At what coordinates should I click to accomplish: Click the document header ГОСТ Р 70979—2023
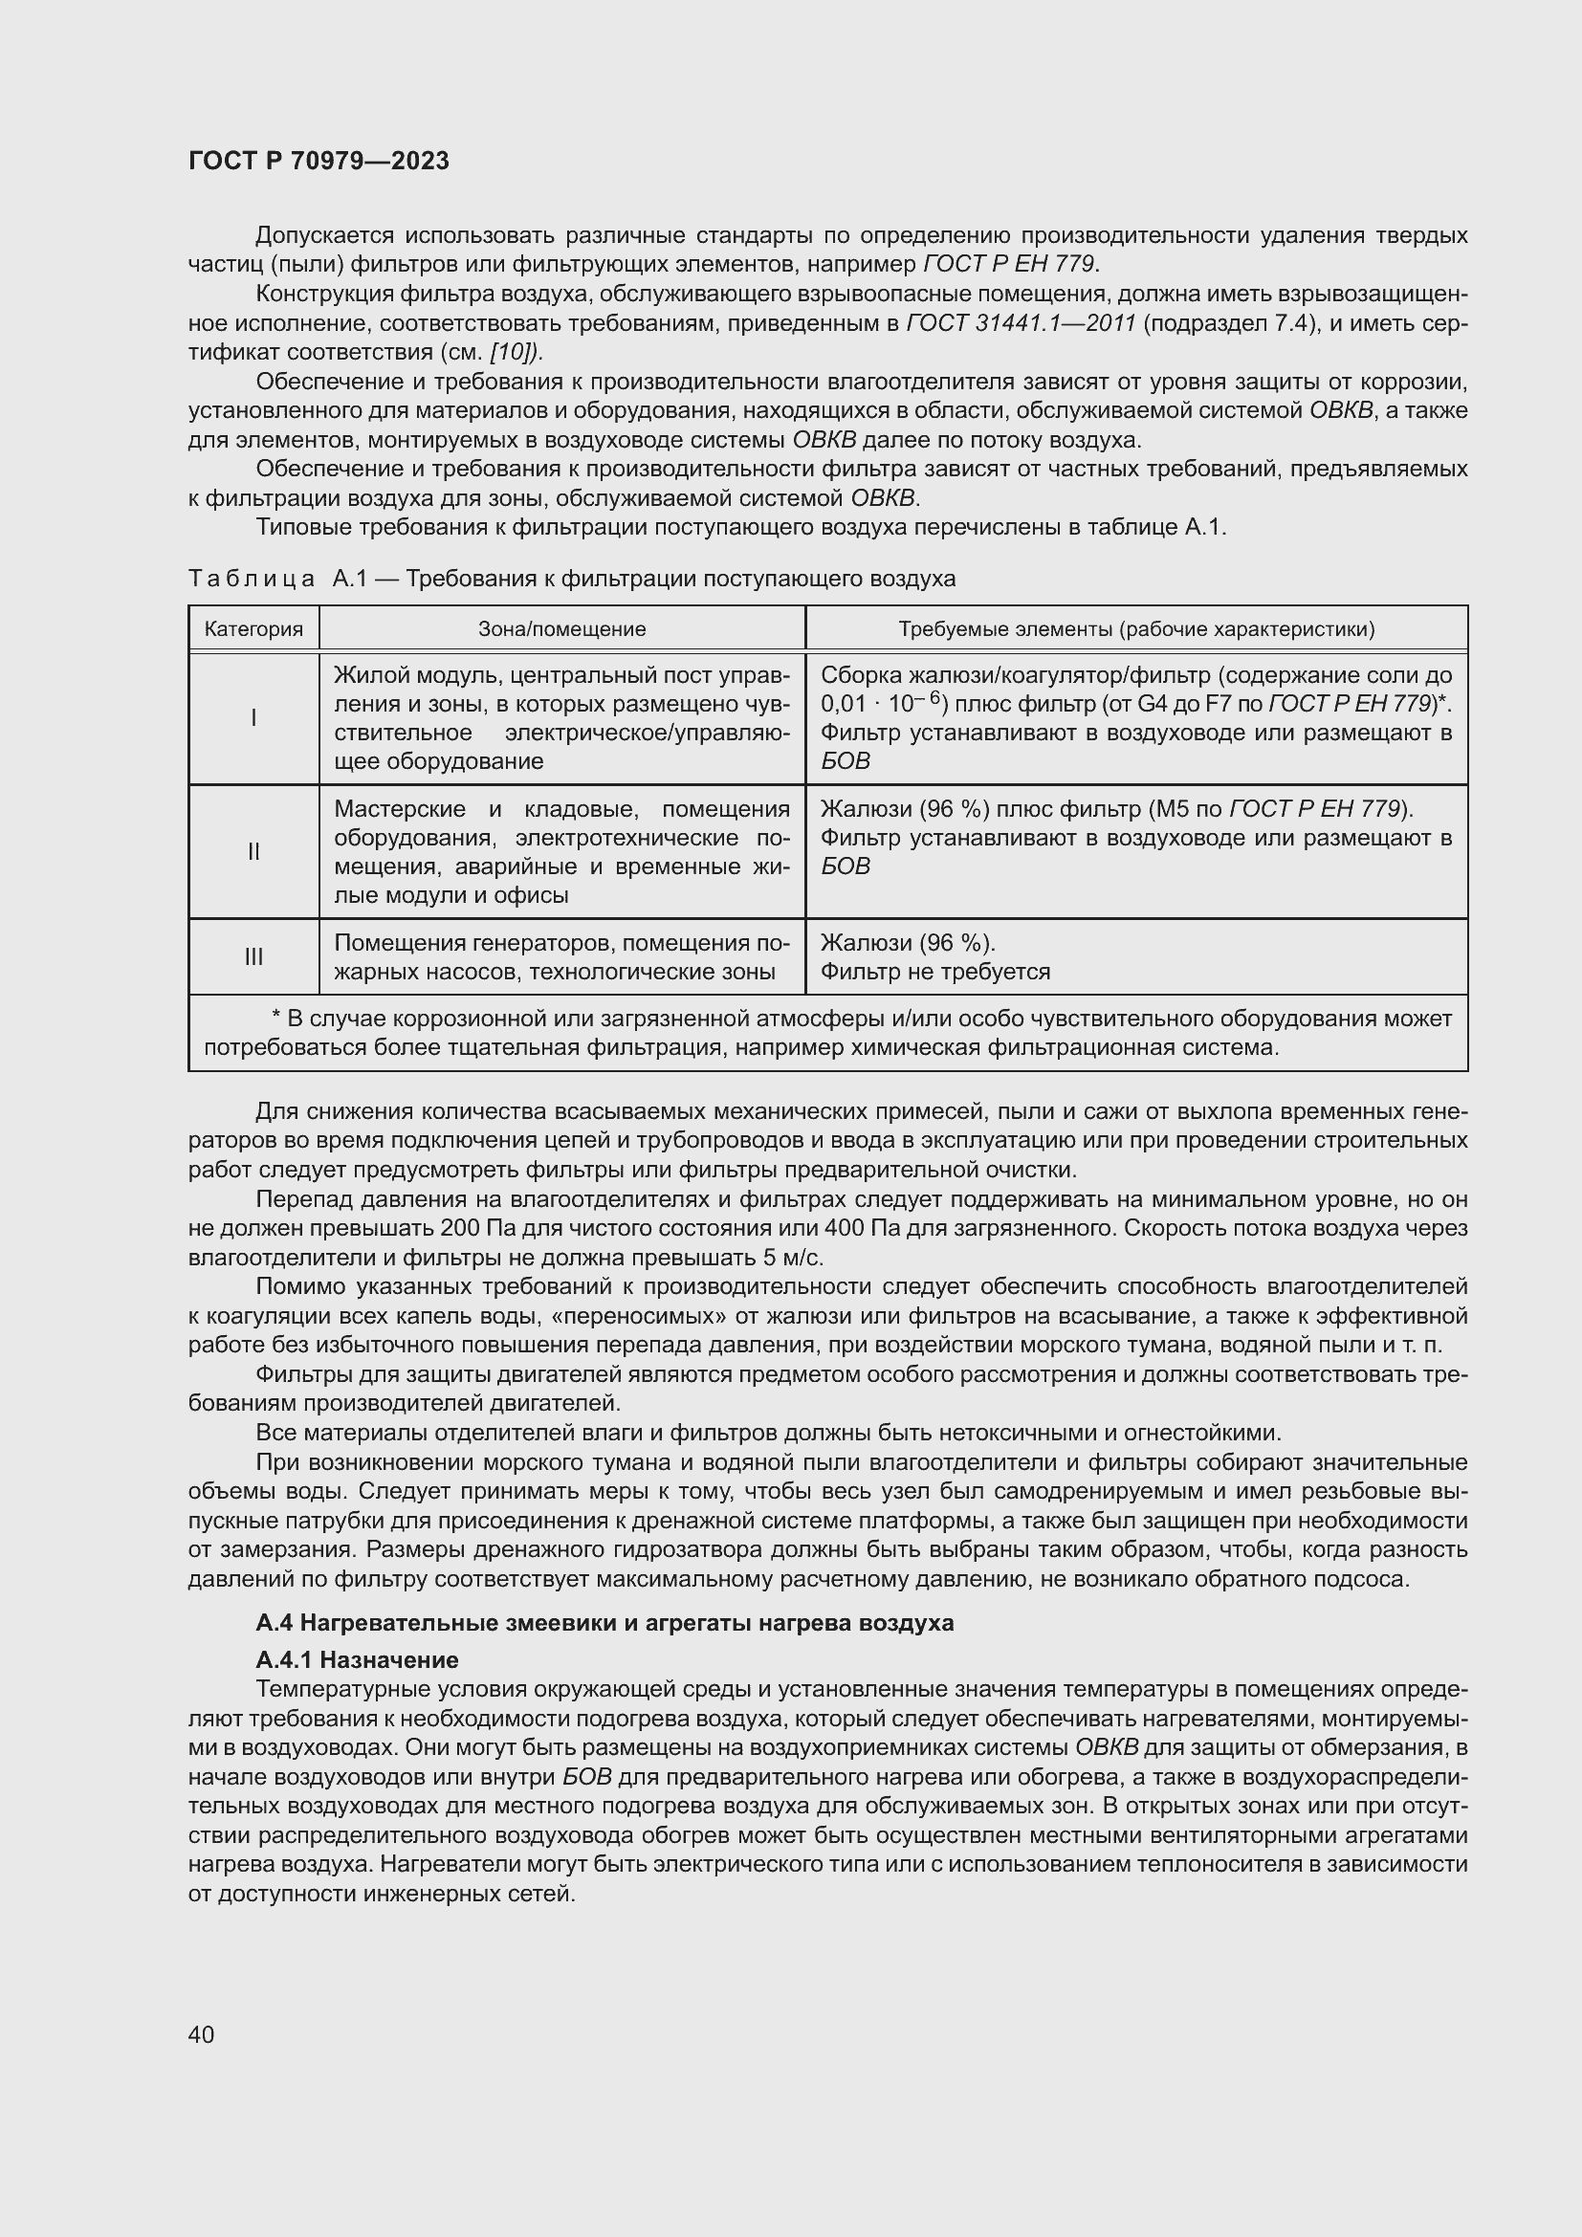[x=319, y=161]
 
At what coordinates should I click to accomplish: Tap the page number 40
[x=201, y=2034]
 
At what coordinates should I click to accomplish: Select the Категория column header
[x=253, y=628]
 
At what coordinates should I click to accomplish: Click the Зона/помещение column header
[x=562, y=628]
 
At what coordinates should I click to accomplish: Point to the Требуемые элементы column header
[x=1136, y=628]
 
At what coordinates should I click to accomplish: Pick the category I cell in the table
[x=253, y=718]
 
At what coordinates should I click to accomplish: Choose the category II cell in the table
[x=253, y=851]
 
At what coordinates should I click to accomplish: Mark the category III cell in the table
[x=253, y=956]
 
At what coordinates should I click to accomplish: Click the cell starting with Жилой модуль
[x=562, y=718]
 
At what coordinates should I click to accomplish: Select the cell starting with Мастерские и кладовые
[x=562, y=851]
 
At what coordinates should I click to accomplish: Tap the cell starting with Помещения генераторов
[x=562, y=956]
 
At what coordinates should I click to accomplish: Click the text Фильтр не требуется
[x=935, y=972]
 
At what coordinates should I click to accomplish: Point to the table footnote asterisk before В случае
[x=275, y=1019]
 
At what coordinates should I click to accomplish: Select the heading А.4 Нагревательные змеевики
[x=604, y=1623]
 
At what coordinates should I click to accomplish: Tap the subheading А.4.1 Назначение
[x=357, y=1659]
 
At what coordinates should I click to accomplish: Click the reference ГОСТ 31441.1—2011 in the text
[x=1021, y=323]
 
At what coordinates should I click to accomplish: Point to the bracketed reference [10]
[x=516, y=352]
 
